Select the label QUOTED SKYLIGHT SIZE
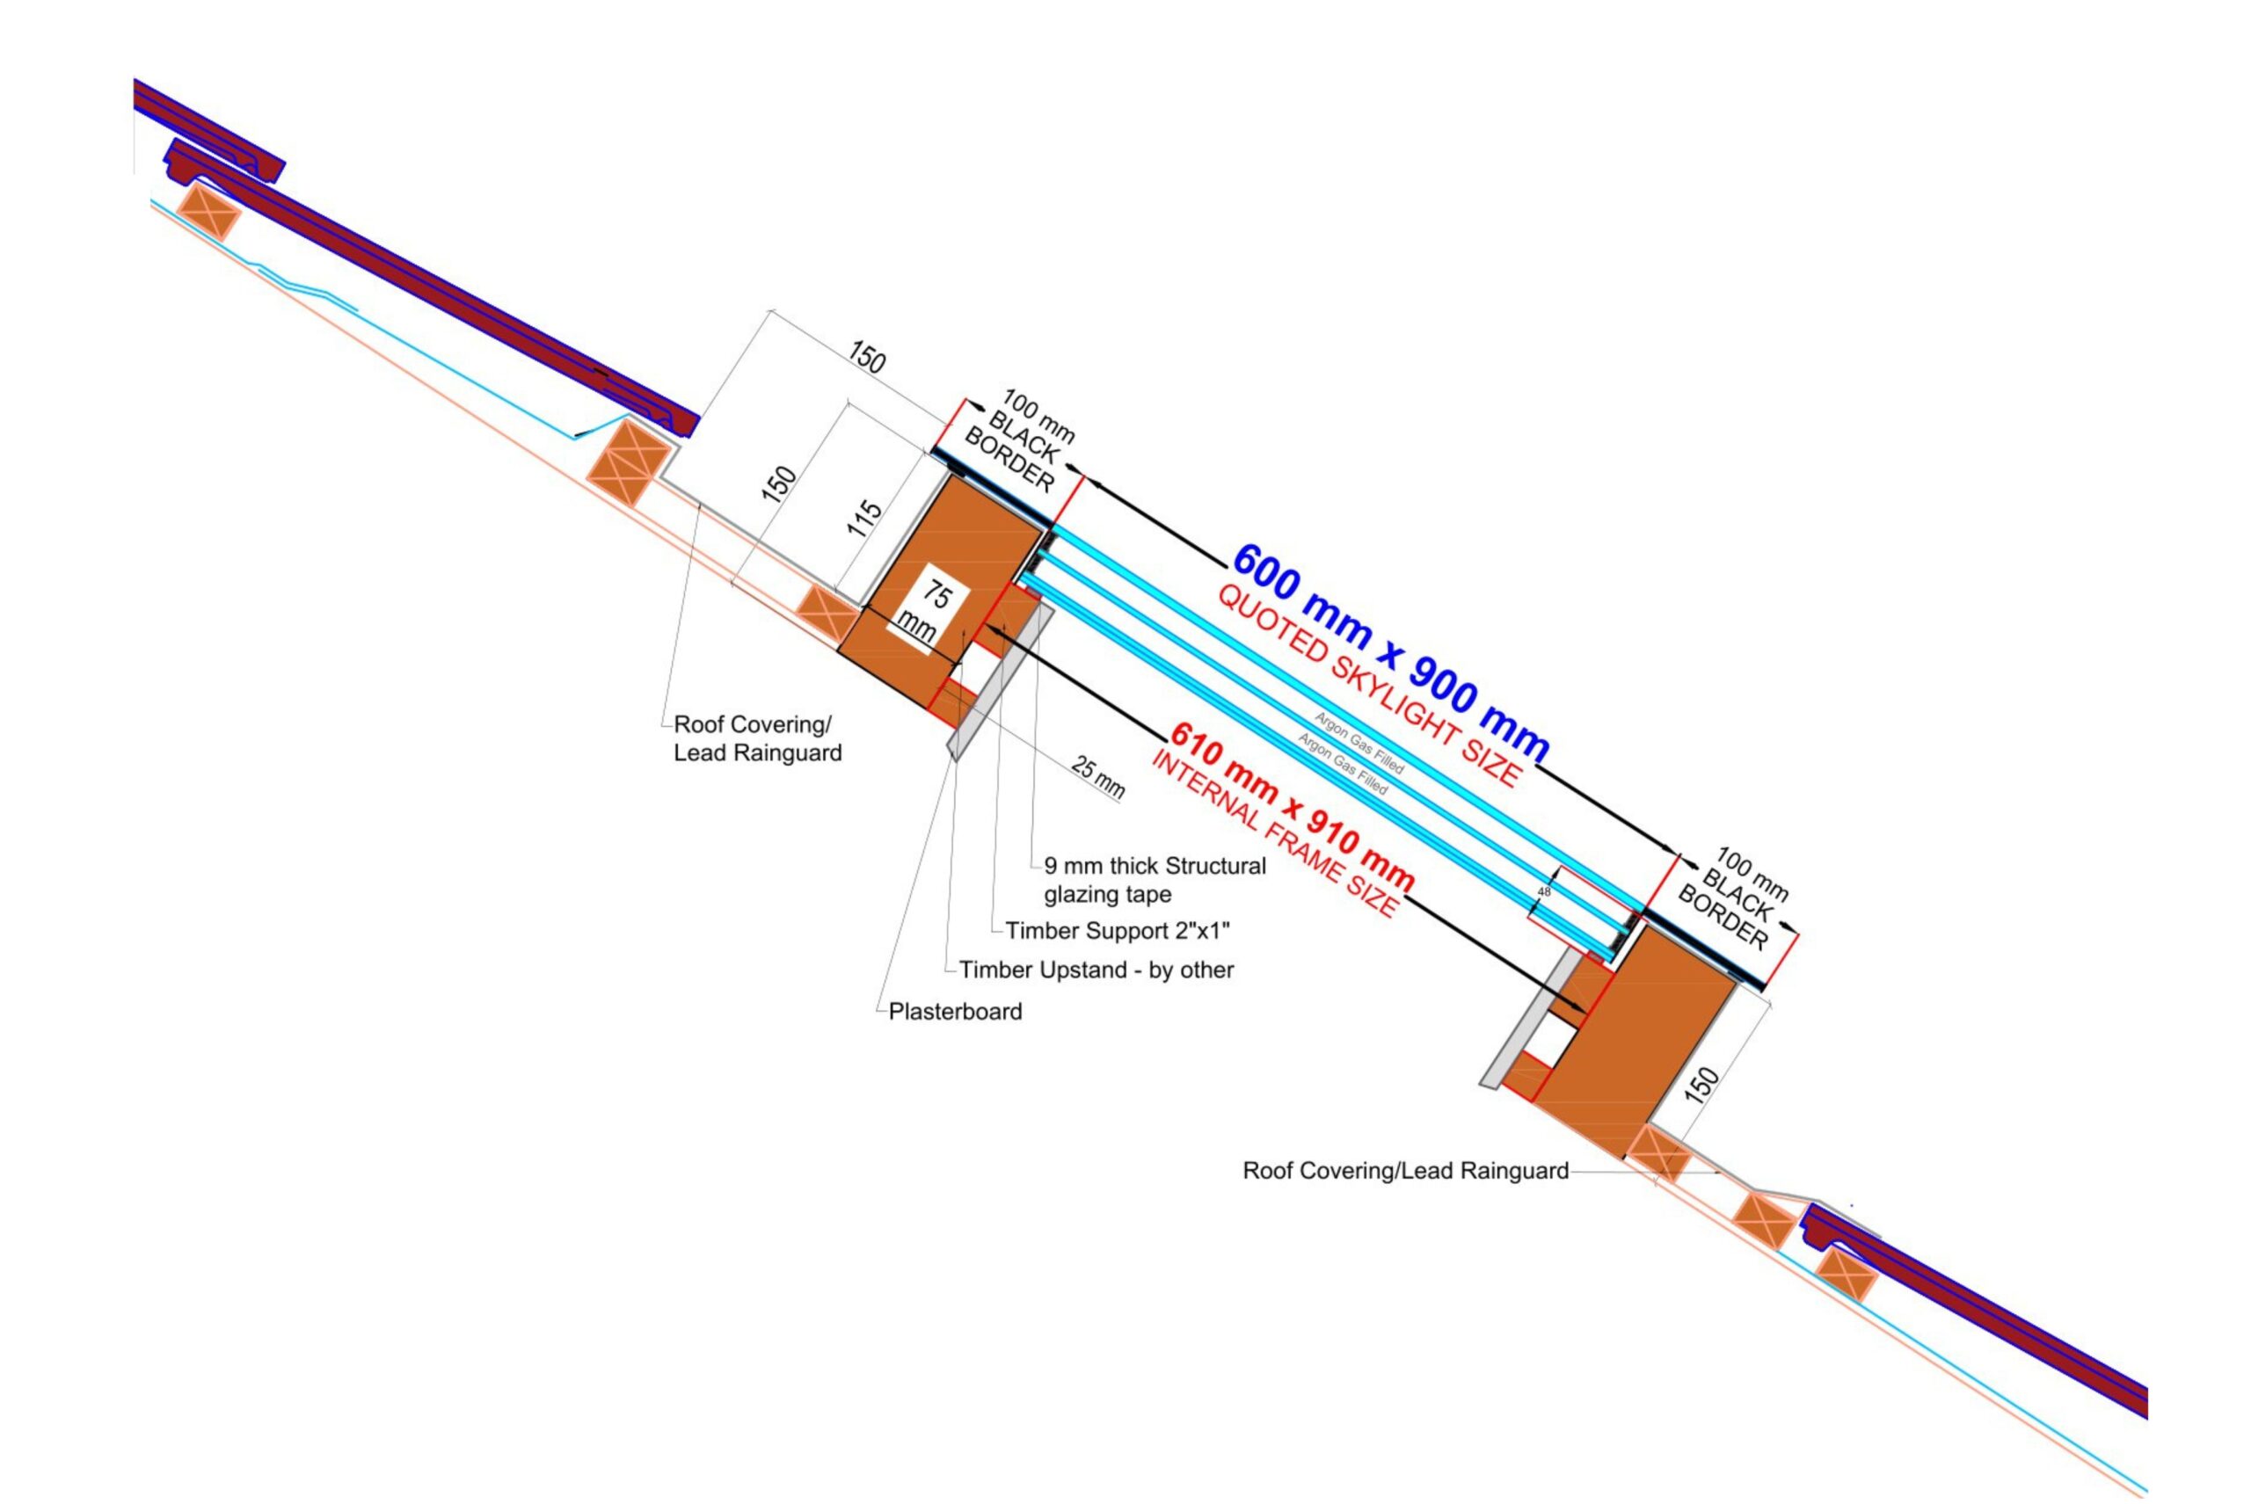(1368, 687)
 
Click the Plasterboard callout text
(955, 1011)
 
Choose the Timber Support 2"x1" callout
(1117, 930)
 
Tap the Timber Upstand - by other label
(1096, 970)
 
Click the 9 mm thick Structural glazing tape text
(1155, 880)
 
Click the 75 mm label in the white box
(927, 612)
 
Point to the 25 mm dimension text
(1097, 778)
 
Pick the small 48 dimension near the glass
(1544, 892)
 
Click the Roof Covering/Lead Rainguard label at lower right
(1405, 1170)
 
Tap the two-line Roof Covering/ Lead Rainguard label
(757, 737)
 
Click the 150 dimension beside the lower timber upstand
(1701, 1086)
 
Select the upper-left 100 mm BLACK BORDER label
(1019, 440)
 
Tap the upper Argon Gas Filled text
(1359, 743)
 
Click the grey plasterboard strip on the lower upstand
(1526, 1021)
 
